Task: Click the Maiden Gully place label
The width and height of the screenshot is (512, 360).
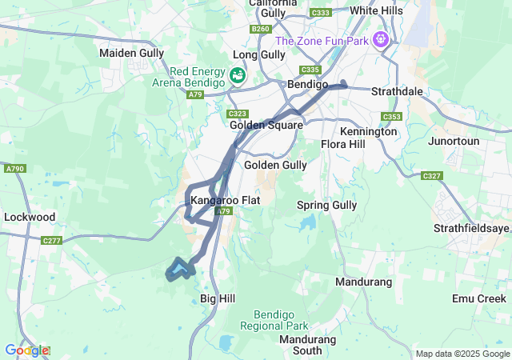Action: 131,53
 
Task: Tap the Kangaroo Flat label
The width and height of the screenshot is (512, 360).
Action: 226,199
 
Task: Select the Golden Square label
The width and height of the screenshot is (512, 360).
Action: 266,125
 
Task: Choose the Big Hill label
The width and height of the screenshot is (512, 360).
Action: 218,298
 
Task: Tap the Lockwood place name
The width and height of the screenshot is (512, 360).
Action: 30,217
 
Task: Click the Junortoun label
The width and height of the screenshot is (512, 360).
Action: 458,141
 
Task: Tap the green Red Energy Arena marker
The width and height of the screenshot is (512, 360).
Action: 238,76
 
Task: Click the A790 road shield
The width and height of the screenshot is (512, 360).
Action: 14,169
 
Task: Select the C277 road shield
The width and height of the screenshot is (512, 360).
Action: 52,240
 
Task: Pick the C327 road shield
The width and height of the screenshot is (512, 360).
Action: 431,175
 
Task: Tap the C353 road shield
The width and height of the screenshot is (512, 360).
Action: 391,117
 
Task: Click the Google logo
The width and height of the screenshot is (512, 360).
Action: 26,350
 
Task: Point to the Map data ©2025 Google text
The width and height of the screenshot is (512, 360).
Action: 462,354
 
